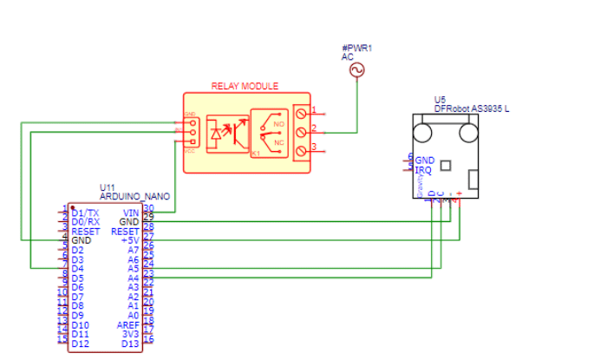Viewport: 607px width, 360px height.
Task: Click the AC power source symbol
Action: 356,70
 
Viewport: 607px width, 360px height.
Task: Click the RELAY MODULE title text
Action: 245,86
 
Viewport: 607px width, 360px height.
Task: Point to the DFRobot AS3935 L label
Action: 472,108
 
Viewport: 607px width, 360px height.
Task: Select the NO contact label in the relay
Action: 279,124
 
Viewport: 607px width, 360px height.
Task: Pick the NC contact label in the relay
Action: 279,142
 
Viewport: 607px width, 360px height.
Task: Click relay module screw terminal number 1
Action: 301,112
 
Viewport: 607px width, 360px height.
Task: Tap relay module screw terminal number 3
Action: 301,151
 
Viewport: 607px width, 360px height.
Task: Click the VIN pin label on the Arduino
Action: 131,213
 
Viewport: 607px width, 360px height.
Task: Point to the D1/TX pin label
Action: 85,213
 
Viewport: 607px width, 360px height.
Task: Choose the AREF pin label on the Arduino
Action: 128,324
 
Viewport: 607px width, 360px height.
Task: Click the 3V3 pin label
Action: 130,334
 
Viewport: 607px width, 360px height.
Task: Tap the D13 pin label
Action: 130,344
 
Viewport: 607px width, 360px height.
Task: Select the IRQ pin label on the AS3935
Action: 424,169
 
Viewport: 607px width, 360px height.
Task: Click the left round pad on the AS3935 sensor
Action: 423,133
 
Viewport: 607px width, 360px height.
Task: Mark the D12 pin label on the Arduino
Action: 81,344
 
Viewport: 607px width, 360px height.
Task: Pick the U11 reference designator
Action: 108,187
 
